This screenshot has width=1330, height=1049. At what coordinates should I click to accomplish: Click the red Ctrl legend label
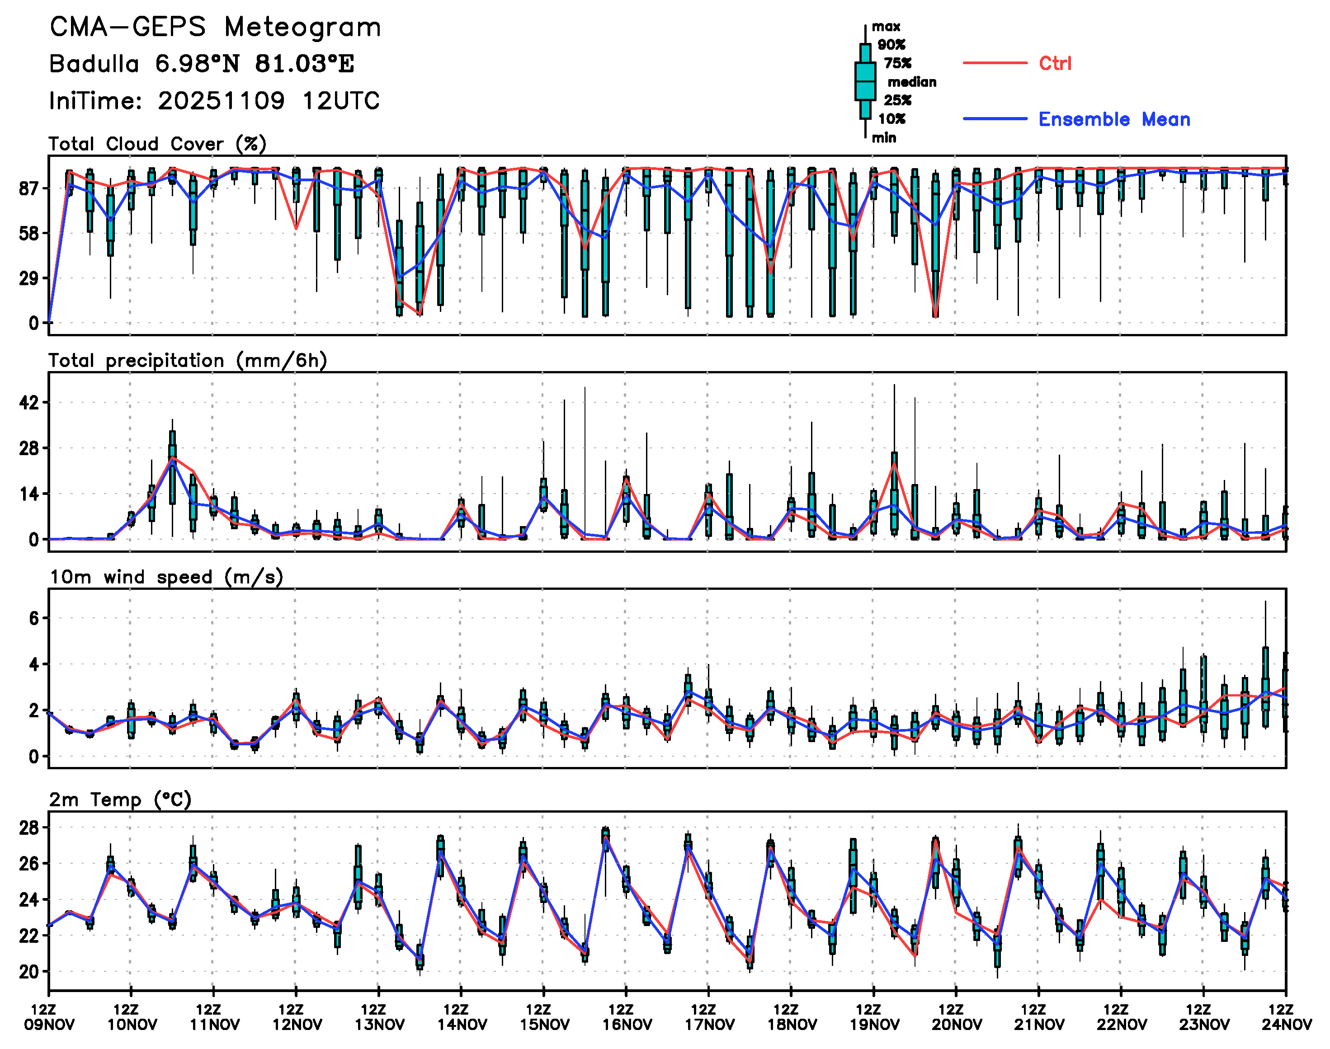click(1055, 63)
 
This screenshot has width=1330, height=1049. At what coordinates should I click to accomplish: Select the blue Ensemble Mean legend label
click(1114, 119)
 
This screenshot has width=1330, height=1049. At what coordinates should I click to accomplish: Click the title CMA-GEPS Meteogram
click(215, 28)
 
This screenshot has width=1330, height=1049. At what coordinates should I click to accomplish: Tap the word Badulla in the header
click(94, 64)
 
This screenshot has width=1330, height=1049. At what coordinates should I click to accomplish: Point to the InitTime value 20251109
click(221, 101)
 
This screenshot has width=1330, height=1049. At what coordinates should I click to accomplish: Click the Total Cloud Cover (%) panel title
click(157, 144)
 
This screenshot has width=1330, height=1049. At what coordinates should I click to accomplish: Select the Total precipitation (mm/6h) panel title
click(187, 361)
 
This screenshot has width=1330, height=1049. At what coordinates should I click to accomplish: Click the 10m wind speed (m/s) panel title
click(166, 577)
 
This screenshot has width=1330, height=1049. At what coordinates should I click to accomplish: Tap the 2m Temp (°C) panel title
click(120, 800)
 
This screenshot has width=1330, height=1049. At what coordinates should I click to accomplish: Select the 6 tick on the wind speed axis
click(34, 618)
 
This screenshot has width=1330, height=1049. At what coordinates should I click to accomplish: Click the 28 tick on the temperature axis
click(29, 828)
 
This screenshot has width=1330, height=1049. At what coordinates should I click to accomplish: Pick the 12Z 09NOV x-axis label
click(49, 1017)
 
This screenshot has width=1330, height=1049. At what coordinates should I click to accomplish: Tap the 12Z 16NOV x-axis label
click(626, 1017)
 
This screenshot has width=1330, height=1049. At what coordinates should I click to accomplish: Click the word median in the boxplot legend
click(912, 82)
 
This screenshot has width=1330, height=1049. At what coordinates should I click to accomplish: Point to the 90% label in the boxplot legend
click(891, 45)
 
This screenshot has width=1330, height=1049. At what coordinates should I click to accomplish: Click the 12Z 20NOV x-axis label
click(956, 1017)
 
